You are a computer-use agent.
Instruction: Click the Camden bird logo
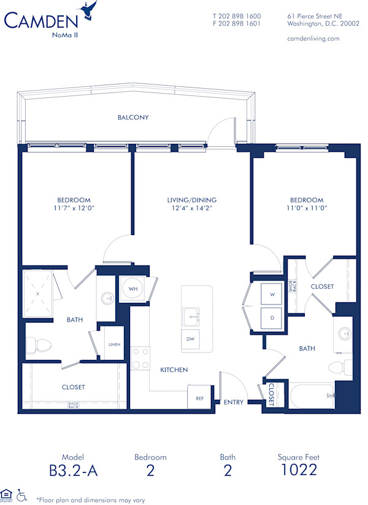(x=89, y=12)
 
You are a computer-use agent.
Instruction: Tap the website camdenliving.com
(x=313, y=38)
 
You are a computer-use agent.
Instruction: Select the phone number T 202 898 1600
(x=237, y=16)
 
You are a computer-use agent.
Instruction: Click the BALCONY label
(x=133, y=117)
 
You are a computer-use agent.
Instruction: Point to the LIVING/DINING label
(x=191, y=200)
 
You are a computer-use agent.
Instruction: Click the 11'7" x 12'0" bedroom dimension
(x=74, y=209)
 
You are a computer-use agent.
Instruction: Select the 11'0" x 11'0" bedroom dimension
(x=306, y=209)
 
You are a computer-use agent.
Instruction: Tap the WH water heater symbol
(x=132, y=288)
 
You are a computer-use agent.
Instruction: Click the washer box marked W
(x=271, y=294)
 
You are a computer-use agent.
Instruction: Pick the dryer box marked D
(x=271, y=318)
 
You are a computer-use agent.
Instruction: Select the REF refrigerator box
(x=199, y=398)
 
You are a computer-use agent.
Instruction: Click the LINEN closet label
(x=114, y=345)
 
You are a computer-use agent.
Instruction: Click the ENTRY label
(x=234, y=402)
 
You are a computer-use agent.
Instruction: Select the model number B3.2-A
(x=74, y=471)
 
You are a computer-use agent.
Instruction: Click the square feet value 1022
(x=299, y=470)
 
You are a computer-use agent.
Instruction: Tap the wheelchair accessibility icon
(x=21, y=494)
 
